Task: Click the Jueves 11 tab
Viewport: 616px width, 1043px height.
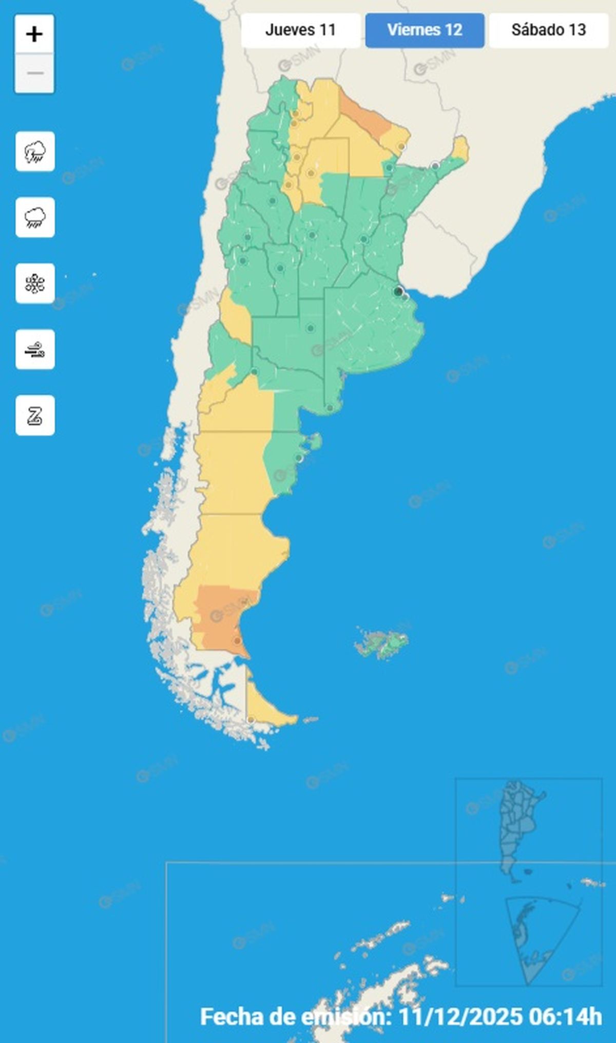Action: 300,30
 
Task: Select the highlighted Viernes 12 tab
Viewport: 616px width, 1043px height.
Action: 425,30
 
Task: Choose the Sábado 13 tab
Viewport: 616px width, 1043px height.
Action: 548,30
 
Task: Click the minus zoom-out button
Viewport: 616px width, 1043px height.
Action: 34,73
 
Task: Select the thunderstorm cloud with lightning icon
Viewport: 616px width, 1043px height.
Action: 35,152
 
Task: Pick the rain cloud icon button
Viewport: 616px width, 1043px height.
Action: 35,217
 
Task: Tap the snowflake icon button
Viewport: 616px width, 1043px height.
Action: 35,284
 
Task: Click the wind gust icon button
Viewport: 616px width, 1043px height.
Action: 35,350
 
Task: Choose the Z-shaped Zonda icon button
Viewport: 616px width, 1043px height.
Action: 35,415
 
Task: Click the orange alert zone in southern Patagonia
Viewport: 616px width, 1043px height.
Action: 221,615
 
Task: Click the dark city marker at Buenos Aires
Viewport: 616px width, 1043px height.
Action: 398,292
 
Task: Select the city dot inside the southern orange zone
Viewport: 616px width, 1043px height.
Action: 237,641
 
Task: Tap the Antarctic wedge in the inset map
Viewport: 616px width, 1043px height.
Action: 534,938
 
